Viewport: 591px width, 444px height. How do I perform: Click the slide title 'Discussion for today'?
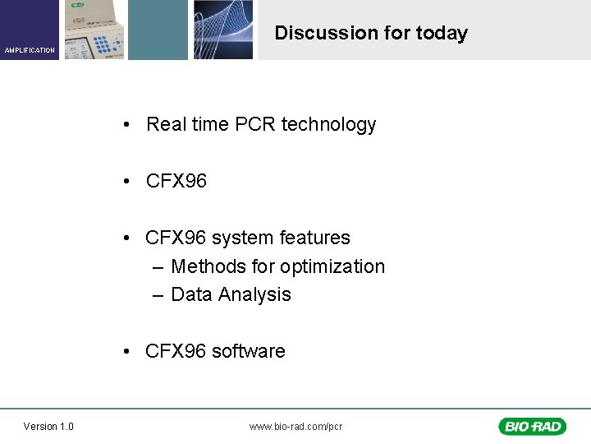click(370, 33)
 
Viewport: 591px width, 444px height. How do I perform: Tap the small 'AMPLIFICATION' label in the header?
click(30, 50)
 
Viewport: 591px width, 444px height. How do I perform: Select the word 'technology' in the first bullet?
click(328, 124)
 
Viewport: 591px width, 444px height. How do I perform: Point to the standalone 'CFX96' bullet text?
click(176, 181)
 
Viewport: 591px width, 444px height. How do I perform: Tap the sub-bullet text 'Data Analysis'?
click(231, 294)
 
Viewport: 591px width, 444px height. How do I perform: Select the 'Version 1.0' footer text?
click(48, 426)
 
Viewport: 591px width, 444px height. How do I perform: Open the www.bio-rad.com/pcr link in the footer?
click(295, 426)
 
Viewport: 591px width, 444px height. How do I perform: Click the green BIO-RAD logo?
click(531, 426)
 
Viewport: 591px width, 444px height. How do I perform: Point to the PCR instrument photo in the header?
click(94, 30)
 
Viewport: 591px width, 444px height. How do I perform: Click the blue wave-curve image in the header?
click(222, 30)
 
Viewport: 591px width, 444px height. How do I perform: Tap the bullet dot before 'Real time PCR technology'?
click(127, 125)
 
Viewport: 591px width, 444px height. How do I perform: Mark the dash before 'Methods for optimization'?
click(158, 267)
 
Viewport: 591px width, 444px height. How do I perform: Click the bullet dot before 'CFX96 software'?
click(127, 352)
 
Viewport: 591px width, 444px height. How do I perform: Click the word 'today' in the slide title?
click(442, 33)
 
